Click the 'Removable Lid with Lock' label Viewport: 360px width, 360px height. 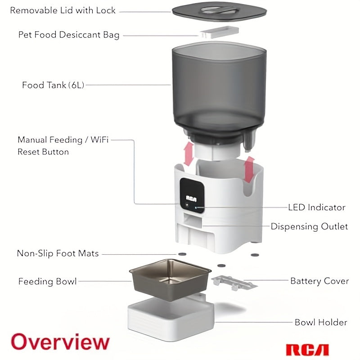pyautogui.click(x=63, y=10)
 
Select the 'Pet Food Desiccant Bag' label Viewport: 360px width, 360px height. pyautogui.click(x=69, y=35)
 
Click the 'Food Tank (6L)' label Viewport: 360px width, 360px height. pyautogui.click(x=53, y=85)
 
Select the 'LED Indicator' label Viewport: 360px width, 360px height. pyautogui.click(x=316, y=207)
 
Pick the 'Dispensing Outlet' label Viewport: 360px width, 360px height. pyautogui.click(x=309, y=226)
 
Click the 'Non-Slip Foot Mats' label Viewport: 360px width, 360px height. pyautogui.click(x=58, y=253)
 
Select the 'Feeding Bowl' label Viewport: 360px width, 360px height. pyautogui.click(x=47, y=282)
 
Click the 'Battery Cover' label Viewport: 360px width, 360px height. pyautogui.click(x=319, y=281)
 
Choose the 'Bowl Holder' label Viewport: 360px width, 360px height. pyautogui.click(x=320, y=322)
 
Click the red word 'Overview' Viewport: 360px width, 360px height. pyautogui.click(x=60, y=342)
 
